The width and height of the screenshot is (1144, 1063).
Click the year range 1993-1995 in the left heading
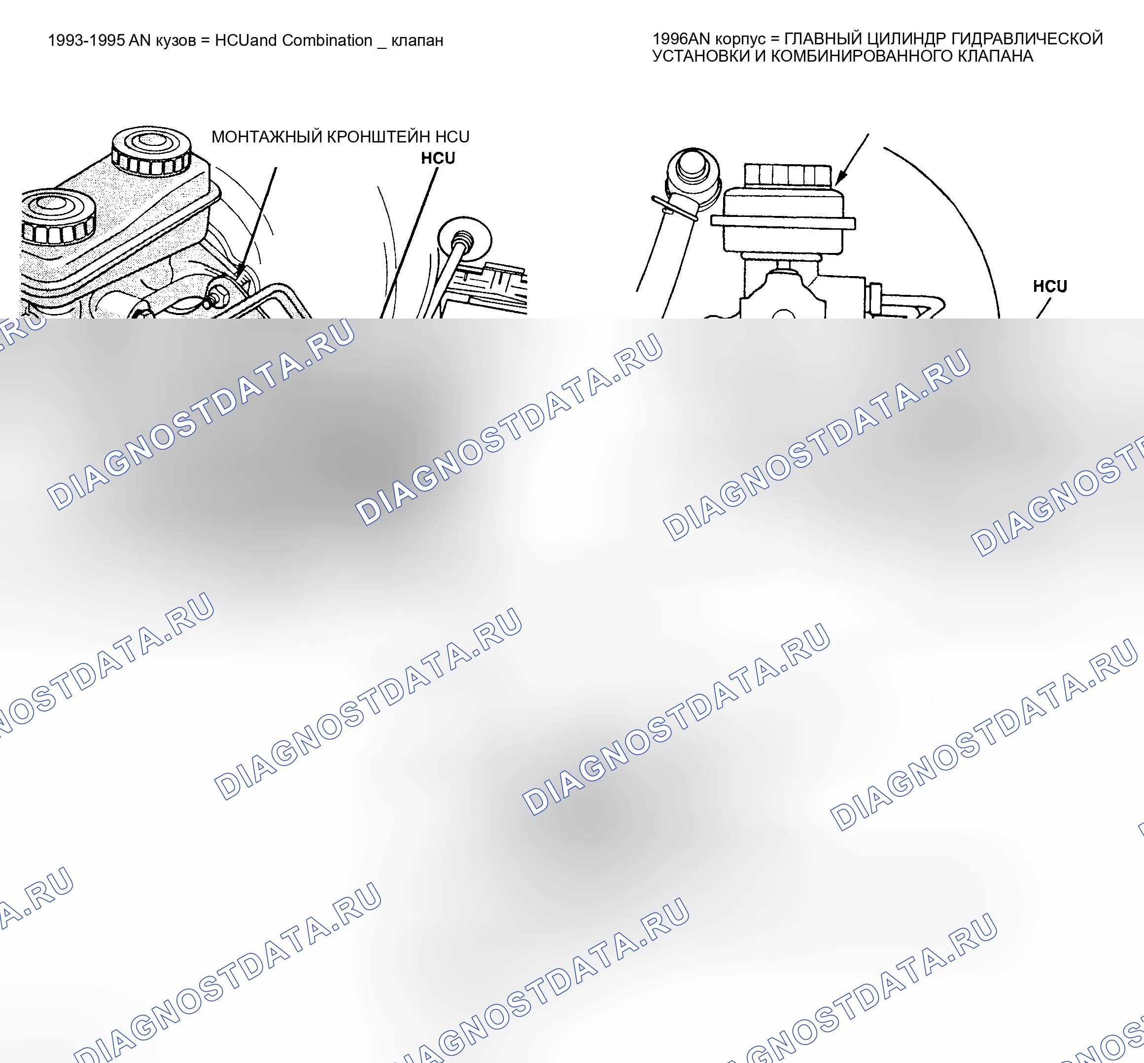[86, 40]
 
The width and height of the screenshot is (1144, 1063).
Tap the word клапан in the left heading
[417, 41]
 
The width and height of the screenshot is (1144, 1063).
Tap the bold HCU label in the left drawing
[438, 158]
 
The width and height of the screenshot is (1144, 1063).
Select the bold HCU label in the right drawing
[1050, 286]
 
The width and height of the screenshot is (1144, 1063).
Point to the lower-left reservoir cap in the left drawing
[58, 217]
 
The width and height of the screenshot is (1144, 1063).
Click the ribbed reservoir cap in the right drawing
[788, 175]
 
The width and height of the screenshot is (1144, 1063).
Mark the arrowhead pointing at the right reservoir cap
[841, 177]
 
